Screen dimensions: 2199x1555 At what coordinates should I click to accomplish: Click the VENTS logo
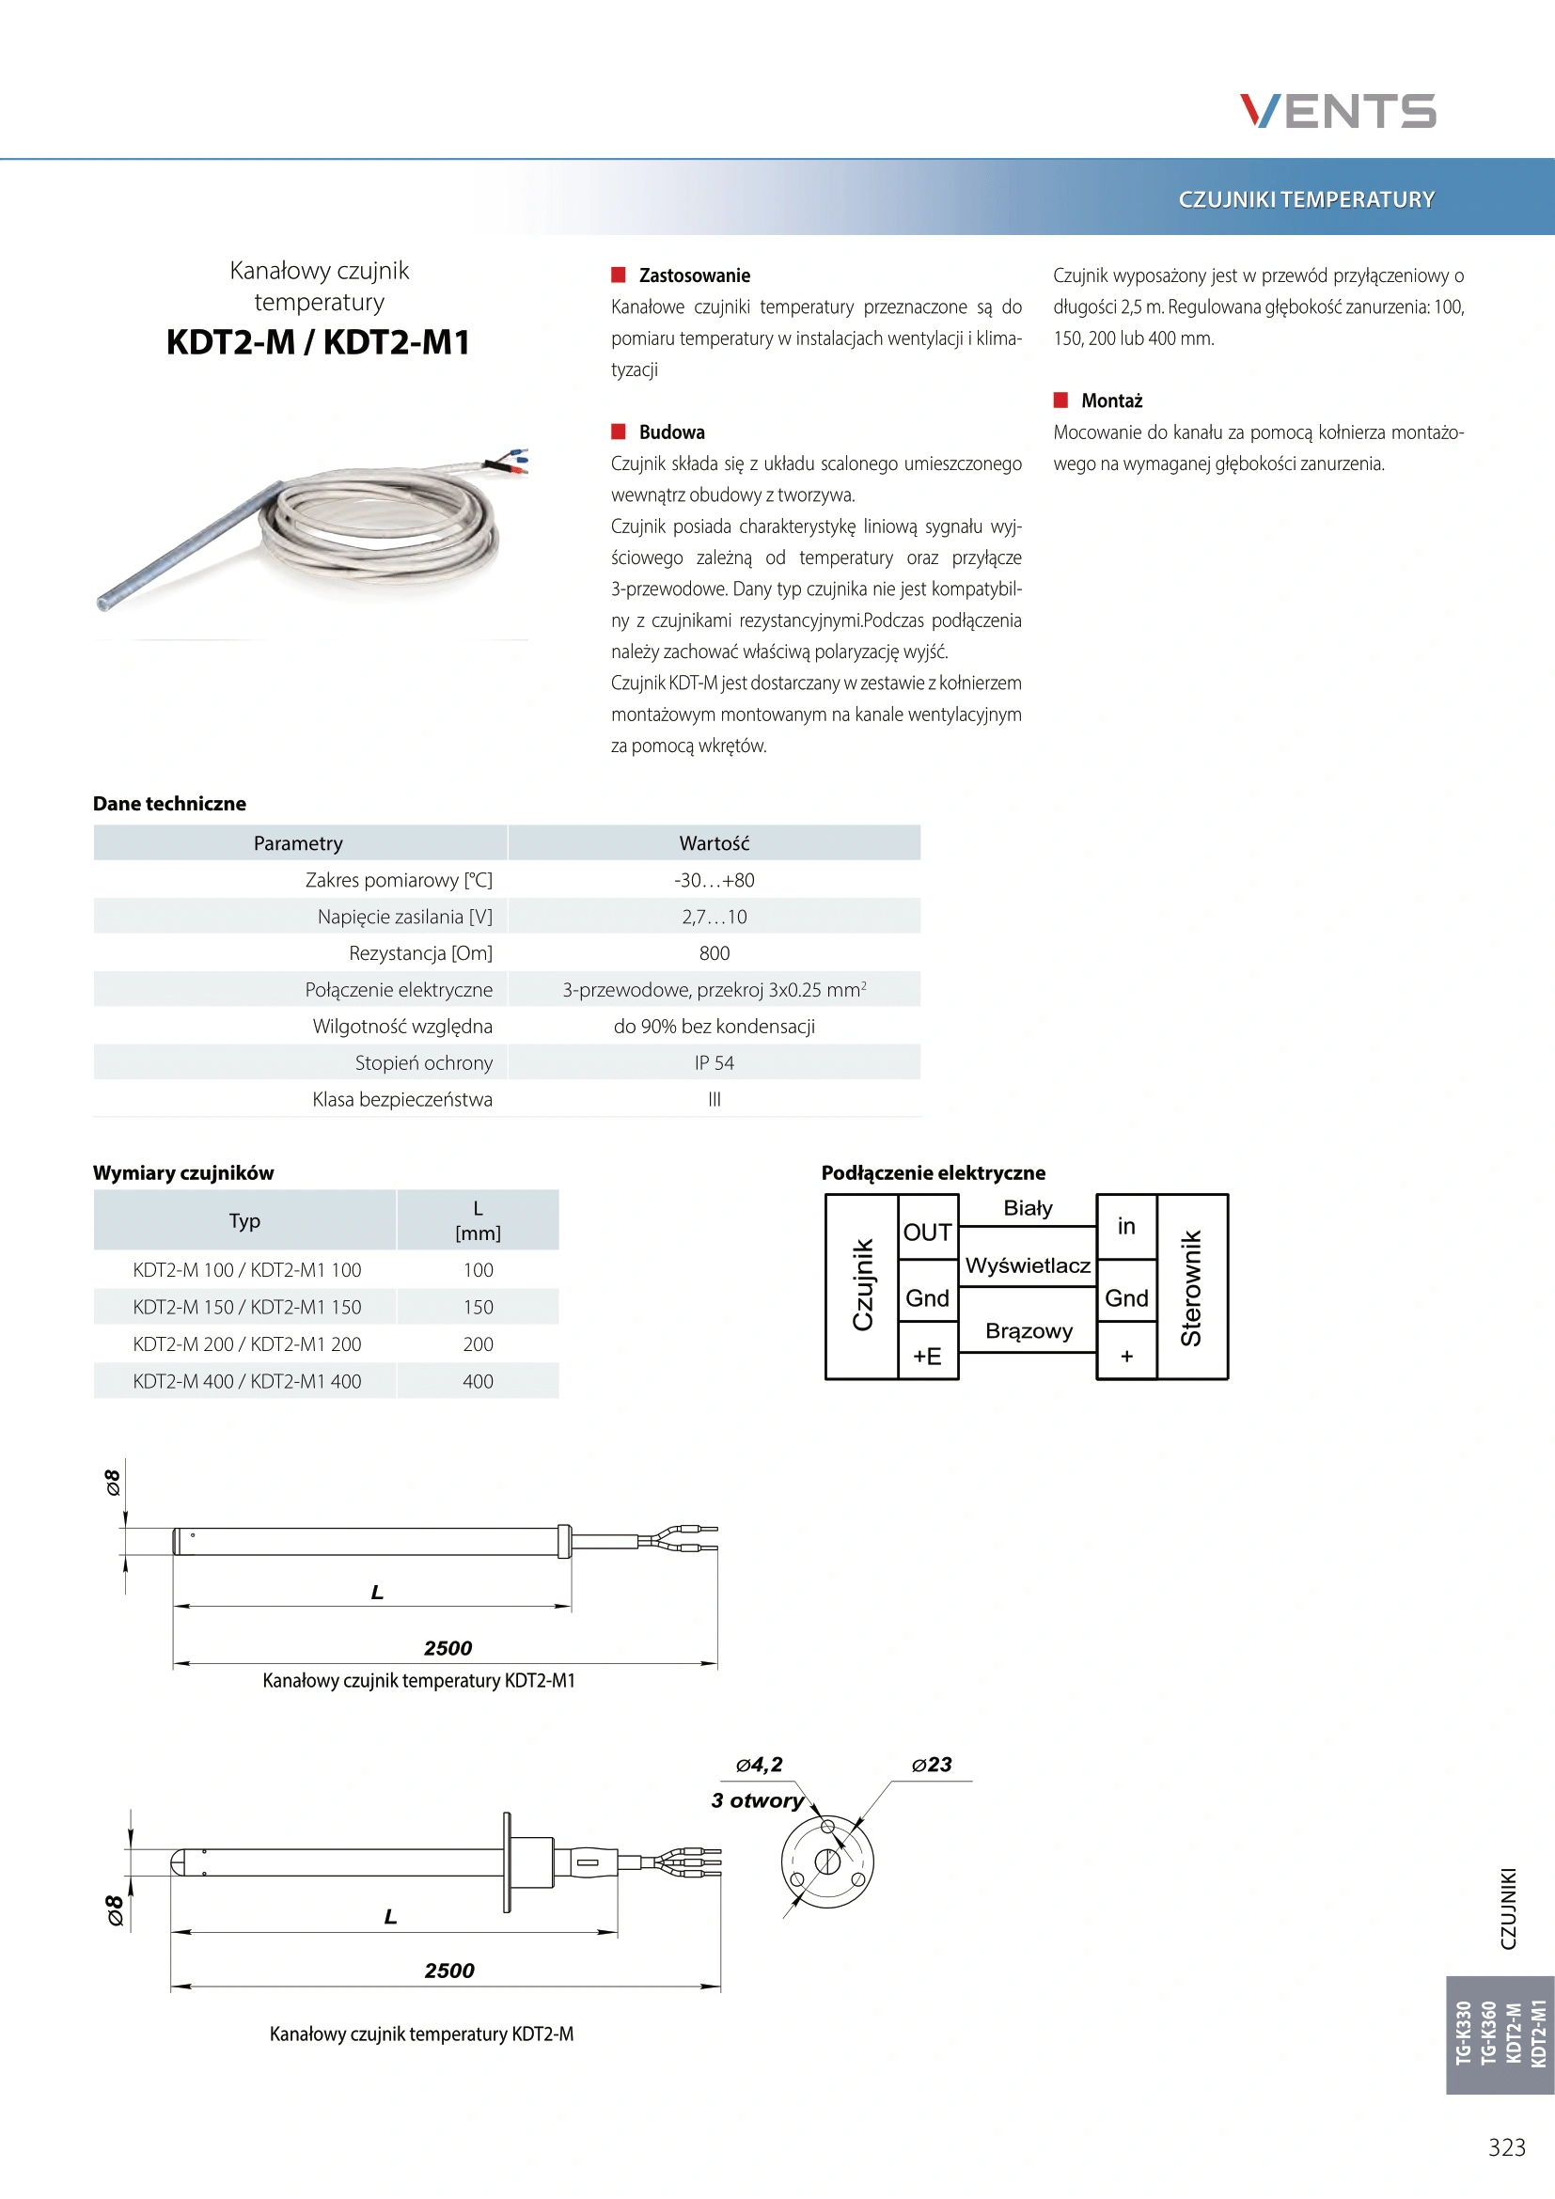[1337, 111]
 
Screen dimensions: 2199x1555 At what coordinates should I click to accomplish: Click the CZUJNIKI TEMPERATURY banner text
[1306, 199]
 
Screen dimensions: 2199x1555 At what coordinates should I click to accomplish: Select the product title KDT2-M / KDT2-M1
[318, 342]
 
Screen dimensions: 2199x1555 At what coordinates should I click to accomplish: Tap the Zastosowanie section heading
[694, 275]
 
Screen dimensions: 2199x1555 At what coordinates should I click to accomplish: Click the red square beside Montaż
[1060, 400]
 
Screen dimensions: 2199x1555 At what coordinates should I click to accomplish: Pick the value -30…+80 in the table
[714, 880]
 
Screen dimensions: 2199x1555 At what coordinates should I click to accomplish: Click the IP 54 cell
[714, 1063]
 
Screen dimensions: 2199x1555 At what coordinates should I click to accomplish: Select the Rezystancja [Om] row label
[420, 953]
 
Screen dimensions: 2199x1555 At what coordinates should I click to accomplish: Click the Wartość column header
[714, 843]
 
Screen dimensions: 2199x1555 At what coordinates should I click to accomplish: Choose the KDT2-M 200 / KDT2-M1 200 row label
[247, 1343]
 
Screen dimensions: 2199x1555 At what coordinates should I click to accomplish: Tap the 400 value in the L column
[478, 1381]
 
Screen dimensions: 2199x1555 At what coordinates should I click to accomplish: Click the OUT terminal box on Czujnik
[927, 1233]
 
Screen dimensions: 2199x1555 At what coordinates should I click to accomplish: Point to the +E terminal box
[927, 1357]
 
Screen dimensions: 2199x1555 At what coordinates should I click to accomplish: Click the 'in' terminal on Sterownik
[1126, 1227]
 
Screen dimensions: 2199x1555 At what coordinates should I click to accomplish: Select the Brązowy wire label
[1029, 1331]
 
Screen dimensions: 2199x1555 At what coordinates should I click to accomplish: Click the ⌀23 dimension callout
[932, 1764]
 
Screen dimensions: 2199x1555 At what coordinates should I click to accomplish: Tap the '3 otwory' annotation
[757, 1800]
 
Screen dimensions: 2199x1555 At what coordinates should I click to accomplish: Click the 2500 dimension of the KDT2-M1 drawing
[448, 1648]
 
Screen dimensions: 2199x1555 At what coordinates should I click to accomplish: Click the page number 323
[1506, 2147]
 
